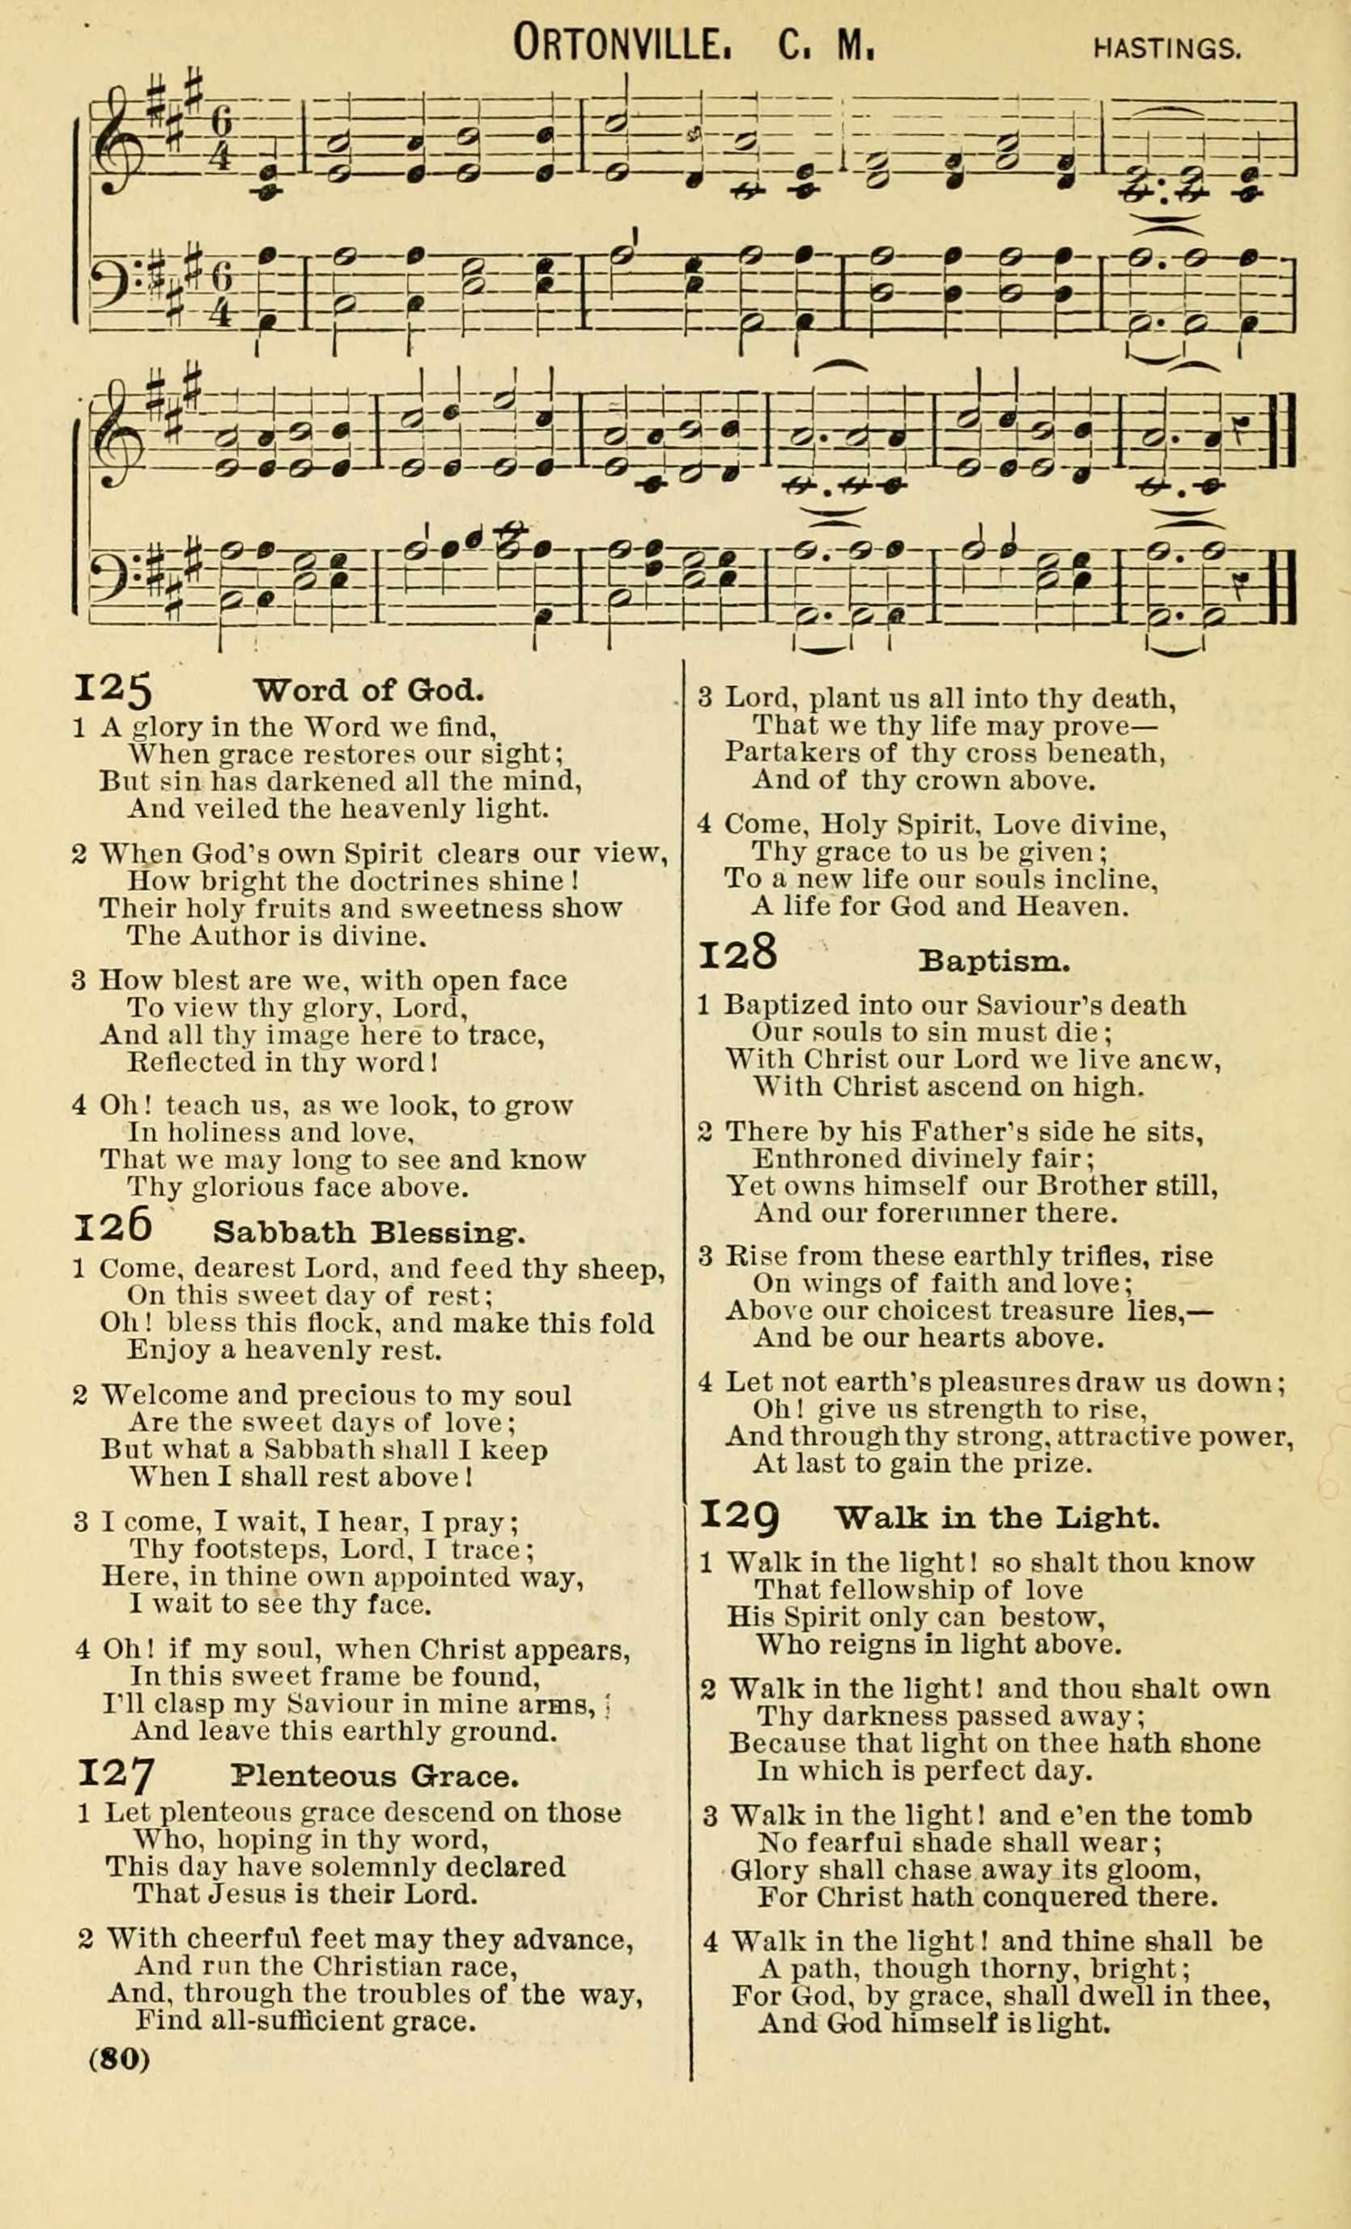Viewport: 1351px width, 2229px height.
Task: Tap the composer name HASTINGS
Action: coord(1166,48)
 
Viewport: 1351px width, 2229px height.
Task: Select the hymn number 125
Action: coord(113,690)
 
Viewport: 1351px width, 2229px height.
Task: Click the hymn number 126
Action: coord(113,1226)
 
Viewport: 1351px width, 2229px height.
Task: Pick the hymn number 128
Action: coord(738,953)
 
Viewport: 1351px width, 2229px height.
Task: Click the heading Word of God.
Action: coord(369,691)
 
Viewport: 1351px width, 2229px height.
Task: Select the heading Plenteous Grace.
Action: coord(376,1776)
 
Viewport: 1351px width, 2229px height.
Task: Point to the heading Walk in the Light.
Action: coord(996,1517)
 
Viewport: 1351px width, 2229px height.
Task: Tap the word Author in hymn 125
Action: coord(239,935)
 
